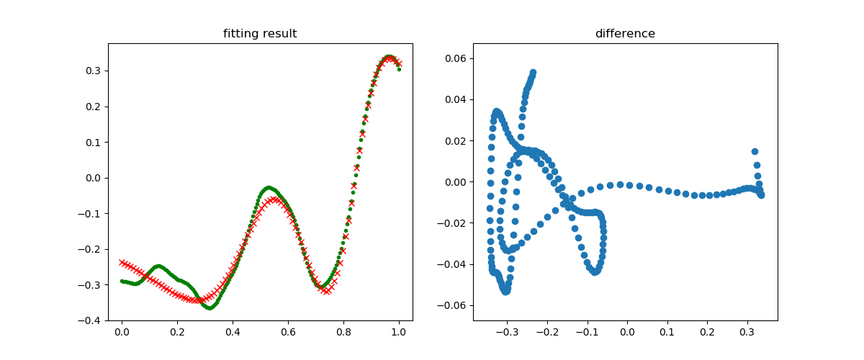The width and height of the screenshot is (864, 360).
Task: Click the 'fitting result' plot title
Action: click(260, 34)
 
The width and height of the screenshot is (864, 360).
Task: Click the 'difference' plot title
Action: click(625, 34)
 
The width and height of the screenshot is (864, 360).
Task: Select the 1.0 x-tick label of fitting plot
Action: click(398, 333)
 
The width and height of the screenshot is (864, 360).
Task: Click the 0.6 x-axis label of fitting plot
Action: click(288, 333)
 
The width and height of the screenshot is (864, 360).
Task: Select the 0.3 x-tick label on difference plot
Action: click(747, 333)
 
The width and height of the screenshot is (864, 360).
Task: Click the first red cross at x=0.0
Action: click(122, 262)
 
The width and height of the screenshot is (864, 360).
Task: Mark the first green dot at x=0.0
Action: click(122, 281)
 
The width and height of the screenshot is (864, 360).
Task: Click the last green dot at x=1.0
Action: click(399, 69)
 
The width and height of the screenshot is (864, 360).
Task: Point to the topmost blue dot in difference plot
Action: click(534, 73)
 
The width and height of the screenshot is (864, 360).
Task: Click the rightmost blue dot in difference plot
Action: click(761, 194)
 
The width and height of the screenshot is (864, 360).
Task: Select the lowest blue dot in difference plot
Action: click(505, 292)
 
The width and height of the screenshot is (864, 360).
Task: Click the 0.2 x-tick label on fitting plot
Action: click(177, 333)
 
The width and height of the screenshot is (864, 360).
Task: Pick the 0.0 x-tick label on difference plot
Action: click(627, 333)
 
